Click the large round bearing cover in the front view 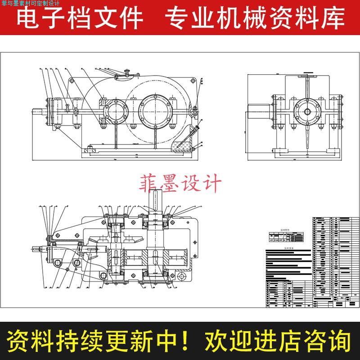(x=155, y=110)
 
